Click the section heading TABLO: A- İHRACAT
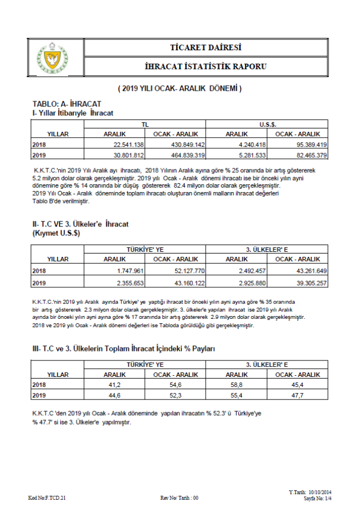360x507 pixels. [x=66, y=104]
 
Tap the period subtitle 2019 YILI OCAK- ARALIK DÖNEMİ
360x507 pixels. [x=180, y=88]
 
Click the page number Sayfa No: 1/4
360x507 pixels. [x=318, y=499]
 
